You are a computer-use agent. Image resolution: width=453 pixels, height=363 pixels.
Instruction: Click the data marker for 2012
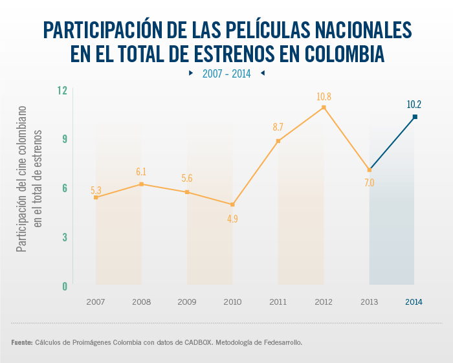pos(324,107)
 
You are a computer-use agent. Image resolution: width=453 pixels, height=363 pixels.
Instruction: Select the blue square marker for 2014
pos(415,116)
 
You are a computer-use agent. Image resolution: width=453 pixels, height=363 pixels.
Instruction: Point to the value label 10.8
pos(324,96)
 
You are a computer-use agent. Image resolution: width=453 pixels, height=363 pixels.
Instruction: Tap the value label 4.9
pos(232,219)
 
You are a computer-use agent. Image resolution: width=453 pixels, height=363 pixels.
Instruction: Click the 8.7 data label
pos(278,128)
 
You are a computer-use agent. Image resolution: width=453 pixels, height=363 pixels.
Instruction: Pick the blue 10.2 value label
pos(414,104)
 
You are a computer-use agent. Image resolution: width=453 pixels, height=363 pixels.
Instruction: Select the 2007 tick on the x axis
pos(96,302)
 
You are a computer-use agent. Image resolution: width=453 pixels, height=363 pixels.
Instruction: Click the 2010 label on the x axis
pos(232,302)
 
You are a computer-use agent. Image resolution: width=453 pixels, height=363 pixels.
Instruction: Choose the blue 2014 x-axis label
pos(414,302)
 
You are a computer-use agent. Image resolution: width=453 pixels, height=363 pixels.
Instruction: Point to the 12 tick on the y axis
pos(62,91)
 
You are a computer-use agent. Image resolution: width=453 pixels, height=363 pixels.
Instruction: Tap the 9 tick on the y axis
pos(65,139)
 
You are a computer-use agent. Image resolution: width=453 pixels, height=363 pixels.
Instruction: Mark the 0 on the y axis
pos(65,286)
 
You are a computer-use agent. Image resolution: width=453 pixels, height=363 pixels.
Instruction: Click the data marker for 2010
pos(232,204)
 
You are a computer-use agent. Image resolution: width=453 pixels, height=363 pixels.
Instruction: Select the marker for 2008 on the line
pos(141,184)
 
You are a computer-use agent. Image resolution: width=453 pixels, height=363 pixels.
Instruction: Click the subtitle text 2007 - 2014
pos(226,74)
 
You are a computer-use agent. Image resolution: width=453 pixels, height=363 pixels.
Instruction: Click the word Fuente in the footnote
pos(21,342)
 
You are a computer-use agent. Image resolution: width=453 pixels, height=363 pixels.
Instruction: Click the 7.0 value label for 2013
pos(369,183)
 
